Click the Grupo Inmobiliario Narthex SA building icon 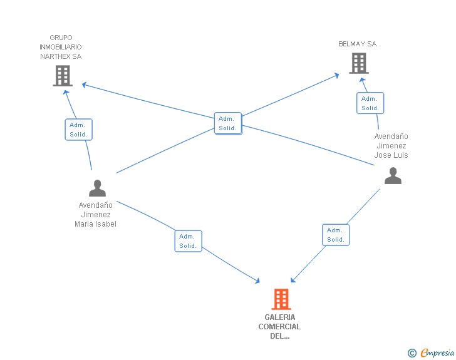pos(61,76)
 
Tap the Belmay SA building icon pos(358,63)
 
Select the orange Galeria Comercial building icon pos(281,299)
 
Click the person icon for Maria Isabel pos(97,188)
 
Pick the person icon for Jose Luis pos(393,176)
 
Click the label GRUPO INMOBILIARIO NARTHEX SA pos(61,47)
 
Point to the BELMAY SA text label pos(358,44)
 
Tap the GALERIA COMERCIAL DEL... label pos(279,326)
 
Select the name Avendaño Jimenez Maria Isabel pos(96,215)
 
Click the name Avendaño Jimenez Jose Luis pos(391,146)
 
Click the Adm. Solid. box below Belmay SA pos(370,103)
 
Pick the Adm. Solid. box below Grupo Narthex pos(78,130)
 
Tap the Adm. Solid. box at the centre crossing pos(227,123)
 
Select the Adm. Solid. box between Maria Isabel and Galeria pos(188,241)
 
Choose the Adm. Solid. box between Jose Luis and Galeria pos(336,235)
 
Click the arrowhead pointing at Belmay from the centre pos(336,75)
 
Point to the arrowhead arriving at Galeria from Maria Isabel pos(256,280)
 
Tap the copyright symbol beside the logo pos(412,354)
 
